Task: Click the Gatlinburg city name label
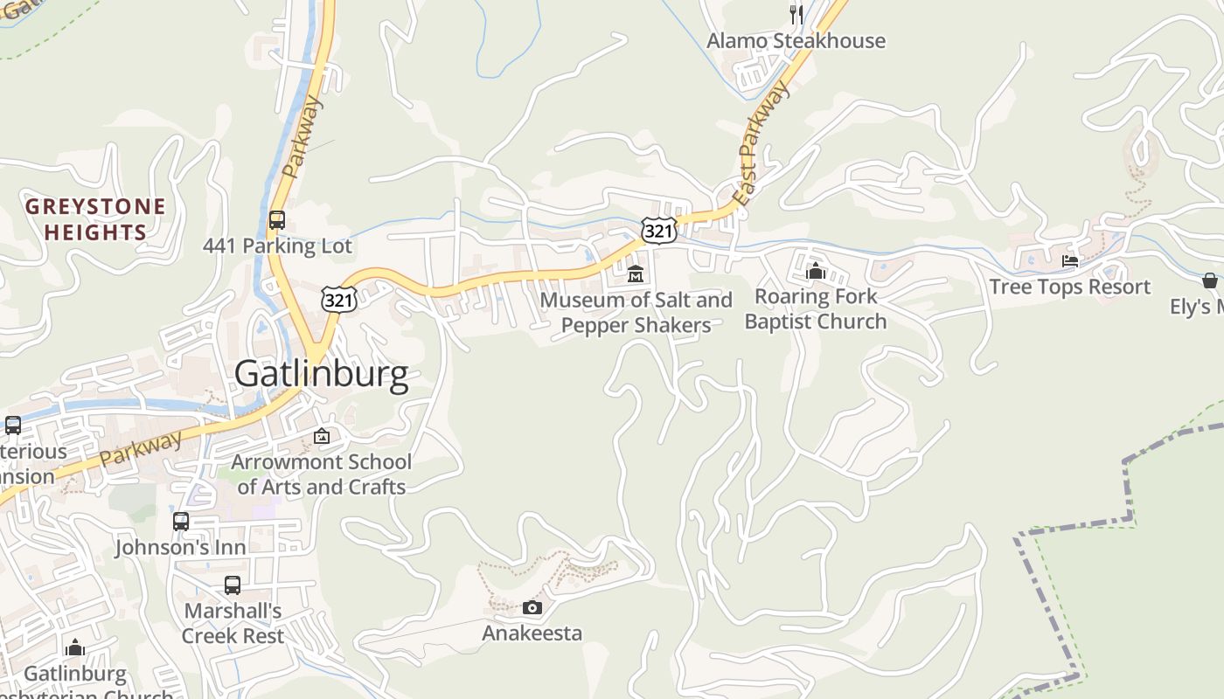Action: click(x=321, y=374)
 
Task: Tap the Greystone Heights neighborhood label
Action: click(x=95, y=219)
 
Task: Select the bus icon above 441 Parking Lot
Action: click(x=277, y=219)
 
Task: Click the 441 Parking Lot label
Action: click(x=277, y=246)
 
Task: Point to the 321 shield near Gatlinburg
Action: click(x=338, y=299)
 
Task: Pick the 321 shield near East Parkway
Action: click(x=658, y=230)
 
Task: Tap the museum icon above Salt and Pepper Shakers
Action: click(x=636, y=273)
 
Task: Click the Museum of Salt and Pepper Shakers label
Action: click(x=636, y=313)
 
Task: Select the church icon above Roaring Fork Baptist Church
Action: click(x=816, y=271)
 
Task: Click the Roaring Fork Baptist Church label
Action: click(x=816, y=309)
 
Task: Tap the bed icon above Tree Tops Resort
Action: click(x=1069, y=260)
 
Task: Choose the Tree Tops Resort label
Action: click(x=1069, y=287)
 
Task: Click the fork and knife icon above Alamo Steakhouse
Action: click(x=796, y=14)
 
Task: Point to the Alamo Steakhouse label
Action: click(x=796, y=41)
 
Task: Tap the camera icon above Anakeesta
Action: click(x=532, y=607)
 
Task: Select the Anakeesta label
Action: click(x=532, y=633)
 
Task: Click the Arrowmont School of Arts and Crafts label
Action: click(x=322, y=474)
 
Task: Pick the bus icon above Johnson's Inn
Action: click(x=181, y=522)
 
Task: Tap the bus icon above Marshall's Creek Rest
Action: click(x=233, y=585)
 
